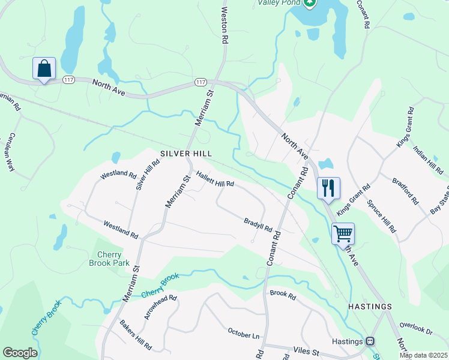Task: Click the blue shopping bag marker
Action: [x=44, y=69]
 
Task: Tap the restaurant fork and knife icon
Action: [x=328, y=188]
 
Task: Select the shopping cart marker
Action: [x=343, y=234]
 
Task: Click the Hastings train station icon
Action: [x=370, y=341]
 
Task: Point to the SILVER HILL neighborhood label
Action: [x=186, y=154]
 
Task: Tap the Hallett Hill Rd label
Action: [x=214, y=179]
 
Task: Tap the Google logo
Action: [x=20, y=353]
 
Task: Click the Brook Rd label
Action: [x=283, y=295]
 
